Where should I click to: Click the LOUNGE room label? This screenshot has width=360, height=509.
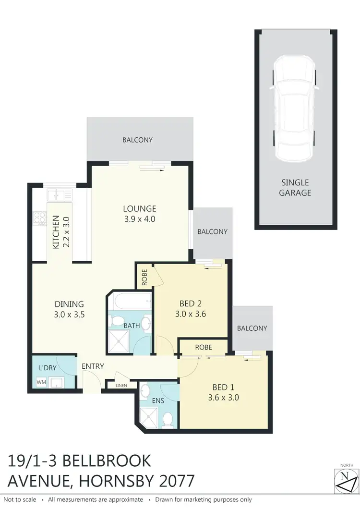[140, 209]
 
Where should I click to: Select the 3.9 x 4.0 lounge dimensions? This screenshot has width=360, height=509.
[140, 219]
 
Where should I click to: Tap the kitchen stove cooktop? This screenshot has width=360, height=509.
[39, 219]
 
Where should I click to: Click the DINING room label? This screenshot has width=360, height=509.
[69, 304]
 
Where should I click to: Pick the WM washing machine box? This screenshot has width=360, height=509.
[41, 383]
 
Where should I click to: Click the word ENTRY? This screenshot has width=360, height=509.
[93, 366]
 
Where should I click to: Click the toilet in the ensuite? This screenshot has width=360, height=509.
[168, 420]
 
